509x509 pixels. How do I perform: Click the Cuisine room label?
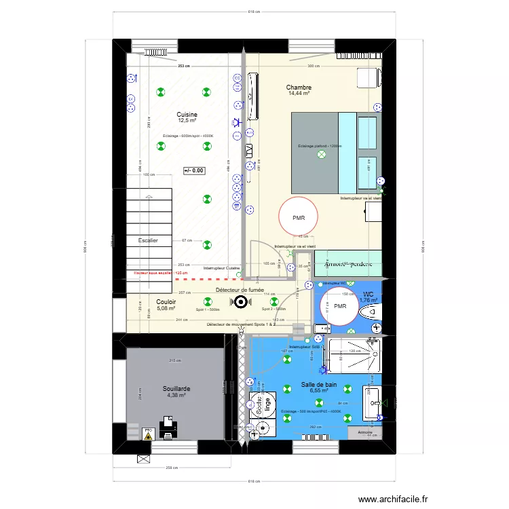[187, 115]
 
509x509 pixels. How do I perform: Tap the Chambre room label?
[299, 88]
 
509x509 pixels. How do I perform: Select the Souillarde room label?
[176, 389]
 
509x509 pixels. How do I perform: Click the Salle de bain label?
[319, 385]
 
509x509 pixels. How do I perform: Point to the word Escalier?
[148, 241]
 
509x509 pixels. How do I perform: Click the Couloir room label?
[166, 302]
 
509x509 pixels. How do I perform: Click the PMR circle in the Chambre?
[299, 217]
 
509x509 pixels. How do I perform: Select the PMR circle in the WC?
[339, 306]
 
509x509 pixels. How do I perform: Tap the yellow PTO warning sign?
[148, 436]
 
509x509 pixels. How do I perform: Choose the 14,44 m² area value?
[299, 94]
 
